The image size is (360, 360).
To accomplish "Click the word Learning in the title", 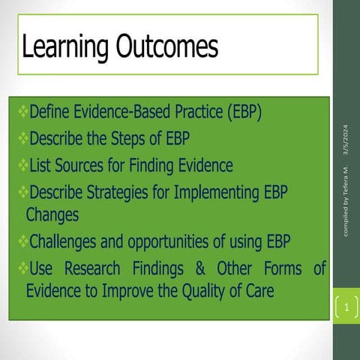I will click(64, 47).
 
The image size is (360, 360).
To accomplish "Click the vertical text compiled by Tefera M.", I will click(346, 199).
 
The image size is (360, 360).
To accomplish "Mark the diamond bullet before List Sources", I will click(22, 164).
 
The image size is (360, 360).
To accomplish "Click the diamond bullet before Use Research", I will click(22, 267).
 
